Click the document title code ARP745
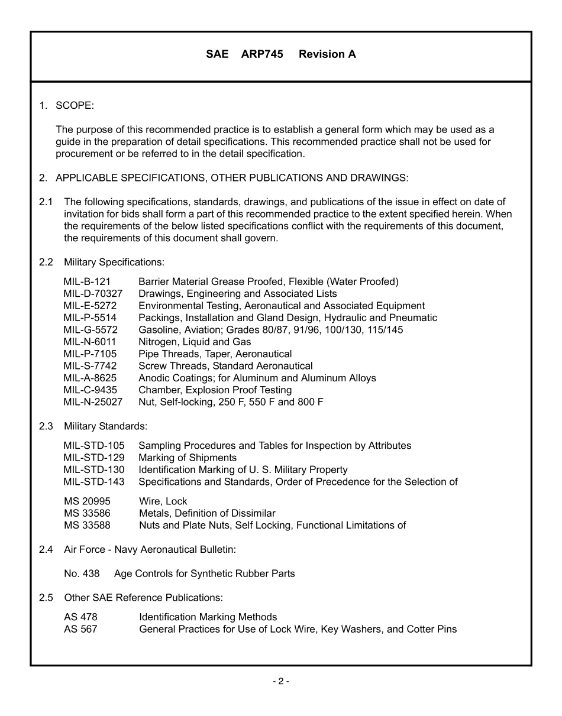point(262,54)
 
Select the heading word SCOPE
point(75,106)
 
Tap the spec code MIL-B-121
point(87,281)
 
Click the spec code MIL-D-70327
point(93,294)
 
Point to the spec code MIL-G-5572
point(91,330)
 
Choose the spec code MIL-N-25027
point(93,402)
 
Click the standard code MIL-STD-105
point(94,446)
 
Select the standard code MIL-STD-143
point(94,482)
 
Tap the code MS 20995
point(87,501)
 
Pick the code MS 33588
point(87,525)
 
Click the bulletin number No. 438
point(82,574)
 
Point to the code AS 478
point(80,617)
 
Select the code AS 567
point(80,629)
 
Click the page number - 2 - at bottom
point(281,681)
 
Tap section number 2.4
point(46,550)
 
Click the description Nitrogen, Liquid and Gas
point(195,342)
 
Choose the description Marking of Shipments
point(188,458)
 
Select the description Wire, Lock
point(163,501)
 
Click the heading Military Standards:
point(105,426)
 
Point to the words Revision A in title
point(327,54)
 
